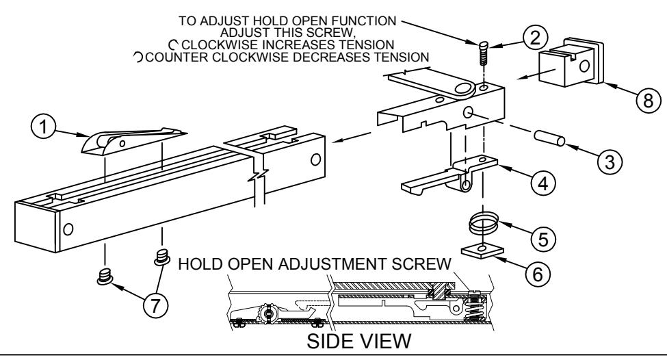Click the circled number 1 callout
(x=43, y=127)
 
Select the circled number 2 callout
(x=535, y=38)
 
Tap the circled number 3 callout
(x=610, y=162)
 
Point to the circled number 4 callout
(x=543, y=183)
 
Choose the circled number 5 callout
(x=543, y=239)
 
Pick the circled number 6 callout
(x=538, y=274)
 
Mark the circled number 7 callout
(x=155, y=305)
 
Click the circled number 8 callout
(x=649, y=101)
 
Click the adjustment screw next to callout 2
(x=483, y=53)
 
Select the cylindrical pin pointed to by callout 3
(x=549, y=138)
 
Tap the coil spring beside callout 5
(x=483, y=224)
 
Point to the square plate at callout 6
(x=482, y=250)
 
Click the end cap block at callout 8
(x=571, y=63)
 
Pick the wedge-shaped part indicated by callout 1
(x=133, y=140)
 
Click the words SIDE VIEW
(x=359, y=342)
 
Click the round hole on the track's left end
(x=68, y=229)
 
